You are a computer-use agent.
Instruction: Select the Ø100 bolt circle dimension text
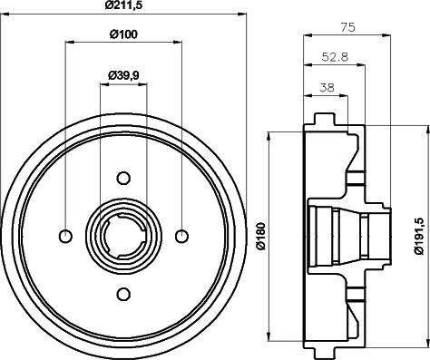pyautogui.click(x=124, y=36)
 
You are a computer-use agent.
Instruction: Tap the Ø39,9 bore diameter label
pyautogui.click(x=123, y=75)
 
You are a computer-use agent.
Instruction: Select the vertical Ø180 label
pyautogui.click(x=259, y=238)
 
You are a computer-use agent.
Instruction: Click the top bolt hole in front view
pyautogui.click(x=123, y=179)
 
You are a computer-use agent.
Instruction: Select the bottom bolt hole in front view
pyautogui.click(x=123, y=293)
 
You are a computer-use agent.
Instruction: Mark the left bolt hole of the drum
pyautogui.click(x=65, y=237)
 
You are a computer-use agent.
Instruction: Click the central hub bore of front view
pyautogui.click(x=123, y=237)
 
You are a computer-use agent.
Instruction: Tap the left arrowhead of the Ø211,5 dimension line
pyautogui.click(x=5, y=14)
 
